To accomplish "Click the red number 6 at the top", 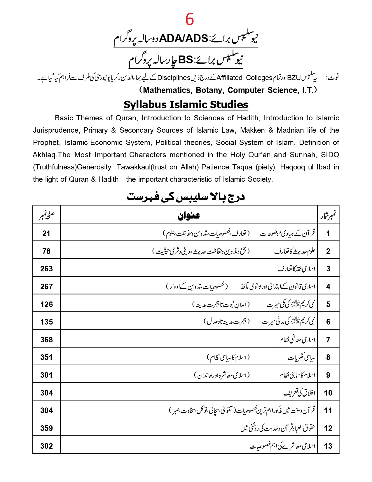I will [x=190, y=19].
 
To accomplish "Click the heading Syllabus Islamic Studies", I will [x=186, y=105].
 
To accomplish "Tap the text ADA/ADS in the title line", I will [x=184, y=39].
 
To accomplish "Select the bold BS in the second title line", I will [x=186, y=60].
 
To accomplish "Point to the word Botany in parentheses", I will [x=209, y=90].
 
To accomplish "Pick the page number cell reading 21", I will [x=46, y=233].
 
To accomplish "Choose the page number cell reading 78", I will [x=46, y=251].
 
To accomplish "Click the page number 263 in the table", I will [x=46, y=269].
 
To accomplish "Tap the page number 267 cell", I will [x=46, y=287].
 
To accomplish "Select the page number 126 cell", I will [x=46, y=304].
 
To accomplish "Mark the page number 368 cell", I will [x=46, y=340].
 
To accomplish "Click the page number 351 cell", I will [x=46, y=357].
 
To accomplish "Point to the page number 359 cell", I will [x=46, y=428].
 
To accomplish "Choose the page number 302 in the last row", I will [x=46, y=446].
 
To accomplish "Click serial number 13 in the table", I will [x=328, y=446].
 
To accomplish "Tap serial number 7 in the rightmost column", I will [x=328, y=340].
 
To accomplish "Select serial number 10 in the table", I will [x=328, y=393].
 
